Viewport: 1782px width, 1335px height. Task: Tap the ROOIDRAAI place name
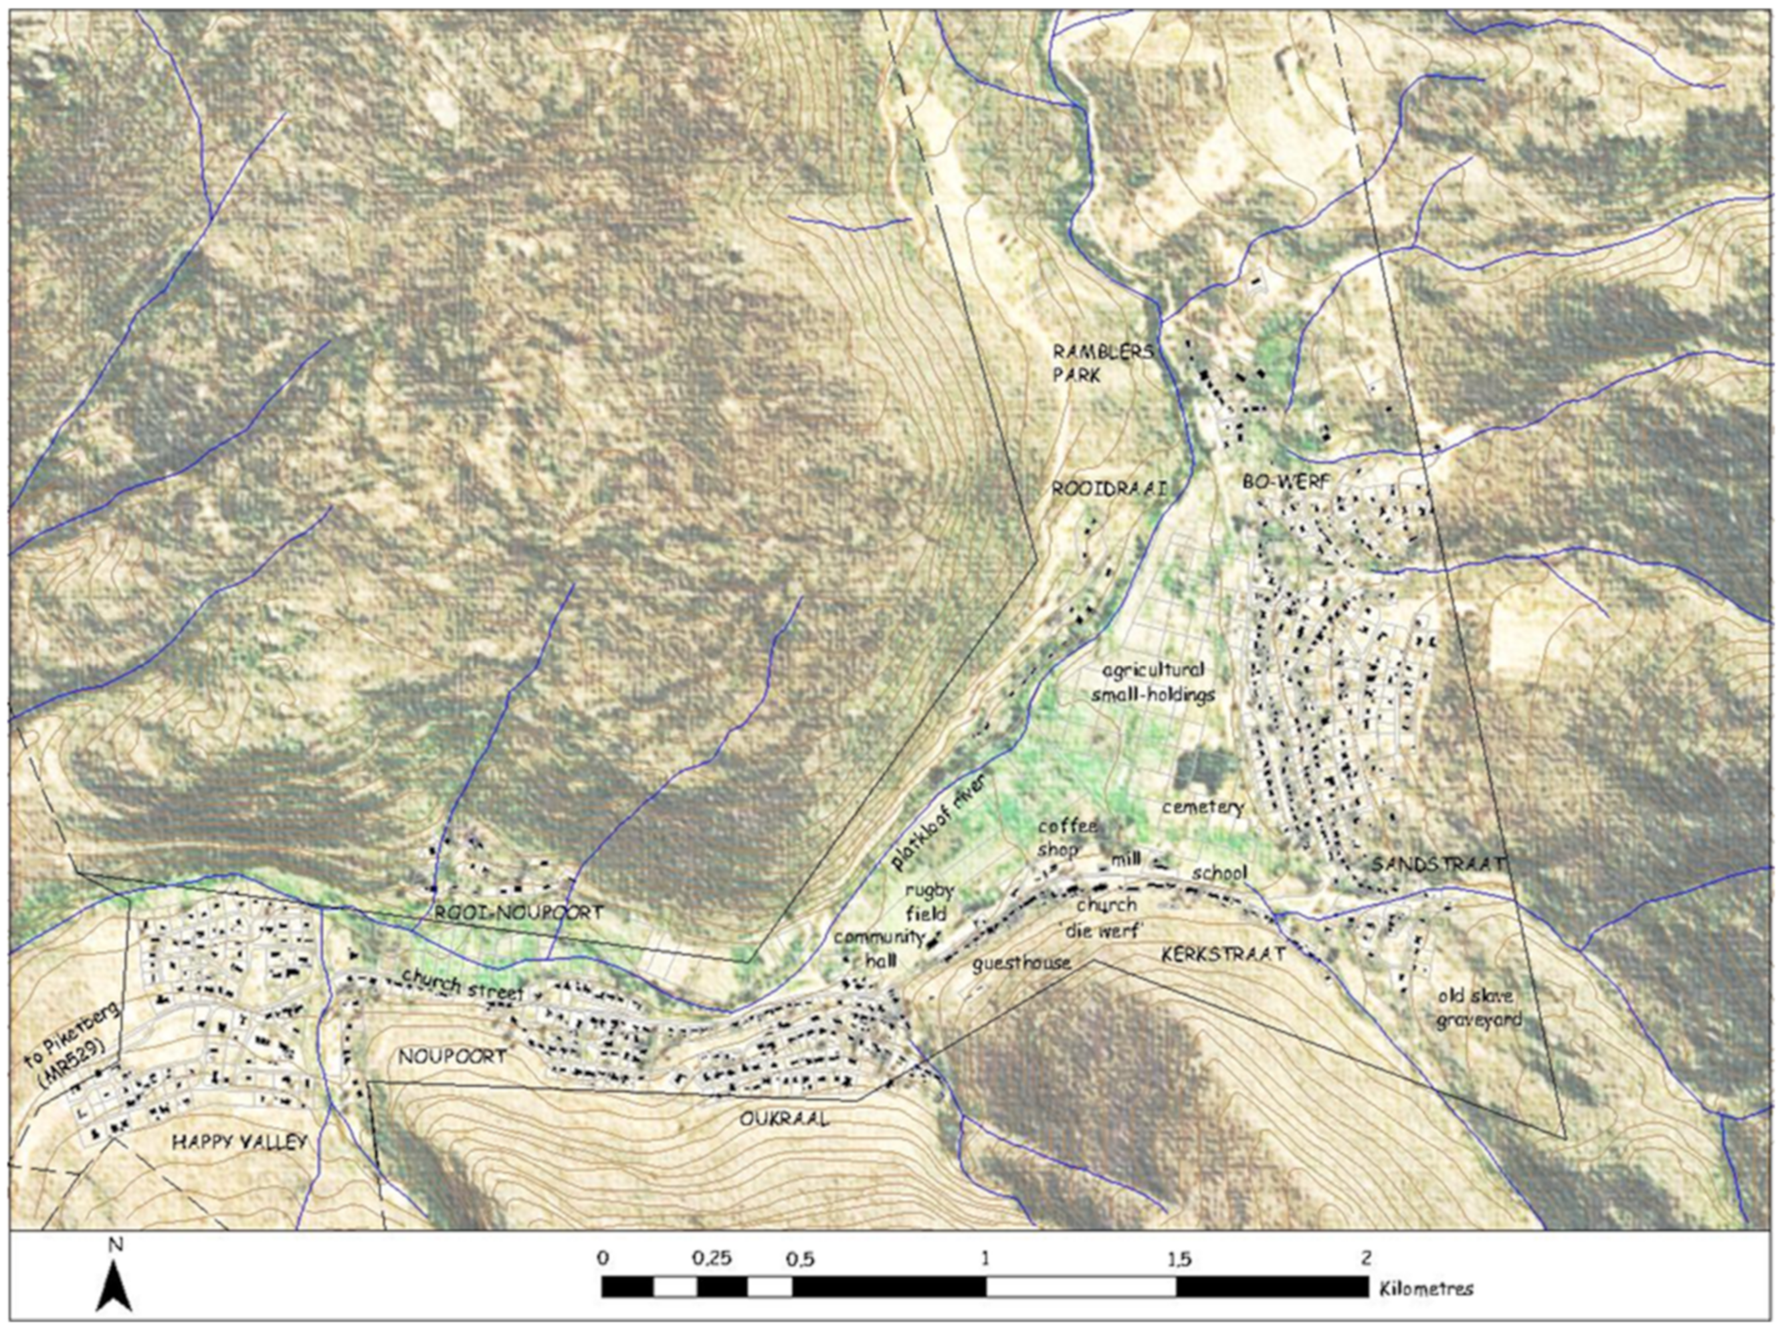click(1108, 488)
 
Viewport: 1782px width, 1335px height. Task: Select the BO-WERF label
click(1286, 482)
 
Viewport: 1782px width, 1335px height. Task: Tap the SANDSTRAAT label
click(1438, 864)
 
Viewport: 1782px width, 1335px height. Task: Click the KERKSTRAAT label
click(1222, 954)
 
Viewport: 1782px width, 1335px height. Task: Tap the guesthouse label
click(1022, 963)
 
